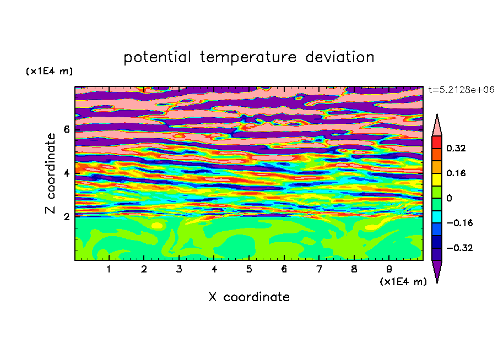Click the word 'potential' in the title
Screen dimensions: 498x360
coord(157,57)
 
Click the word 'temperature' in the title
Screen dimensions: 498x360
coord(248,57)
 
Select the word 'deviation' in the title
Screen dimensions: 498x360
coord(339,57)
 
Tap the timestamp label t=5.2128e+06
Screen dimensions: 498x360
coord(461,90)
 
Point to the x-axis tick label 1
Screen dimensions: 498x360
coord(109,269)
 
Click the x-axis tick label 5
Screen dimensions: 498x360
coord(249,269)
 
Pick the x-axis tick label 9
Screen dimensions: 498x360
coord(389,269)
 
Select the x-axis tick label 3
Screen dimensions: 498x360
coord(179,269)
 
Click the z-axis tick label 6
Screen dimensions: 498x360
coord(66,129)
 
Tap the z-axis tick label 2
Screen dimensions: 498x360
coord(66,217)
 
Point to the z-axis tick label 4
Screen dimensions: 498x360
coord(66,173)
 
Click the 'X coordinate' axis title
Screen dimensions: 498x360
coord(249,297)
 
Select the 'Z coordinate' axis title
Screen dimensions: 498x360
coord(51,173)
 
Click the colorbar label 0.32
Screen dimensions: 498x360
coord(456,148)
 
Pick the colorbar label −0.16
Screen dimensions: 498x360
coord(459,223)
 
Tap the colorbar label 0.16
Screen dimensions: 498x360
coord(456,173)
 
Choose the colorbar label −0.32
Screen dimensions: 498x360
coord(459,248)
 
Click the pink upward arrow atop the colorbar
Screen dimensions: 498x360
coord(437,126)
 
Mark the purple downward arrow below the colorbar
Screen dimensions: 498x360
coord(437,270)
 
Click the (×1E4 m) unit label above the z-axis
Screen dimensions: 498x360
coord(49,71)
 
